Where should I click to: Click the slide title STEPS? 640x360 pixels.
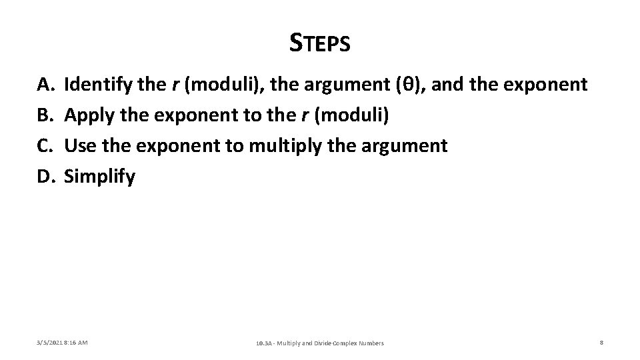[320, 43]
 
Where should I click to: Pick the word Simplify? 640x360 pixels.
[99, 177]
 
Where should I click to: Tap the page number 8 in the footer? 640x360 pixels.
[601, 343]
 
